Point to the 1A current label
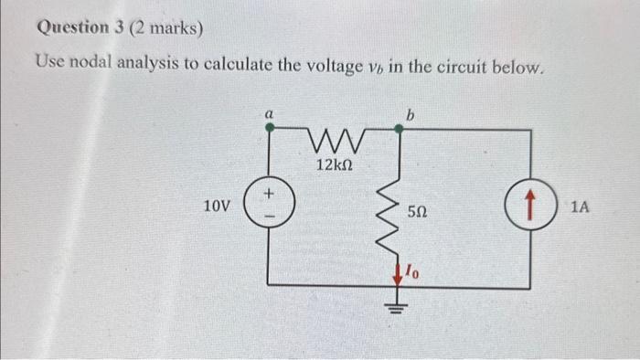point(580,207)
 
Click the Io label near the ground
point(414,271)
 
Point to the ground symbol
point(400,306)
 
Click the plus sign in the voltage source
point(269,195)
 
